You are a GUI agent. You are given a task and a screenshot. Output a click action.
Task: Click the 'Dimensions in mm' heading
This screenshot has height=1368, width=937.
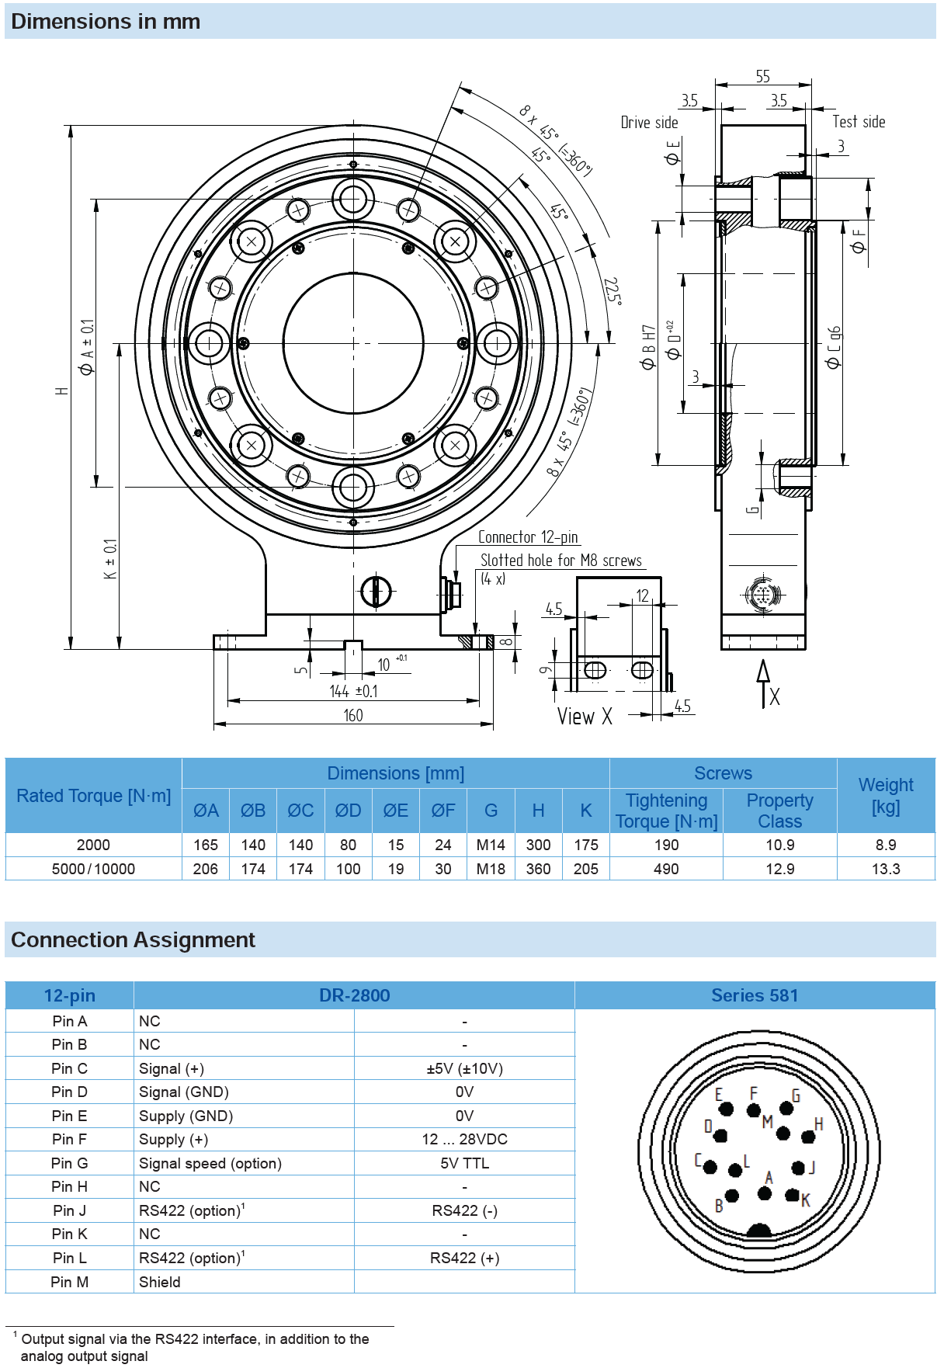(x=106, y=22)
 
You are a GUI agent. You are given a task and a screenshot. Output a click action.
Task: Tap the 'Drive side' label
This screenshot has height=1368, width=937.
(x=649, y=123)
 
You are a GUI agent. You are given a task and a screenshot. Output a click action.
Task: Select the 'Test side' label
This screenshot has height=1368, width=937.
(x=859, y=122)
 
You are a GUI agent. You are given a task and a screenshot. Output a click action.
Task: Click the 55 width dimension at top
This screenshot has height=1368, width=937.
(x=762, y=76)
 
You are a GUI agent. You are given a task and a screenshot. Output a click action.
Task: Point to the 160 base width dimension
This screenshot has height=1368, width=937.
(x=353, y=715)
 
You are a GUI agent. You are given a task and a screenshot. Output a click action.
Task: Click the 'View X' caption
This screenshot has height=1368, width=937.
(x=585, y=717)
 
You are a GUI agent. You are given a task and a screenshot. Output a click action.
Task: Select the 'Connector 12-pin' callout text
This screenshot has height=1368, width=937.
(x=528, y=537)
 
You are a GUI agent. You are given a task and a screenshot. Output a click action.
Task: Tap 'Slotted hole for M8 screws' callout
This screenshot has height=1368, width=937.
(x=560, y=561)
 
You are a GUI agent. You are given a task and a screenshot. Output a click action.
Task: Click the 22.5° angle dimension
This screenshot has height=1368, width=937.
(x=613, y=291)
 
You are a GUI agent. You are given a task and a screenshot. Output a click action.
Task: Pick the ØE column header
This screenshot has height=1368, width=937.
(x=395, y=811)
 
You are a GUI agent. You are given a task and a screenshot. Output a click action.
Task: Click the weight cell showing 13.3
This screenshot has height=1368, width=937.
(x=886, y=869)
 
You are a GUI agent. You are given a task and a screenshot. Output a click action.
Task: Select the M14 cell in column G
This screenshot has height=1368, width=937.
(x=491, y=845)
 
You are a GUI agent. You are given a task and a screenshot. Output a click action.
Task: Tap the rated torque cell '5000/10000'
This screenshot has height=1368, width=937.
(x=93, y=869)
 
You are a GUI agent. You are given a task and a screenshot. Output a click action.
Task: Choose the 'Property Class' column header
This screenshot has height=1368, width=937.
(x=779, y=811)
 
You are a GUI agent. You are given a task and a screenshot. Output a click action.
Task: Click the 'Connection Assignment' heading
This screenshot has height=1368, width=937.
(x=133, y=940)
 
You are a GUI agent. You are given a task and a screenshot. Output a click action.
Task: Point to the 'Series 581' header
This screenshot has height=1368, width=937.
(x=755, y=995)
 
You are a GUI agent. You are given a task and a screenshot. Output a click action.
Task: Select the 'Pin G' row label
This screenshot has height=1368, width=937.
(x=69, y=1163)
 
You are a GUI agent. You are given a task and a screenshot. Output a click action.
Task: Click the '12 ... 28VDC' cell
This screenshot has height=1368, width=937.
(x=464, y=1139)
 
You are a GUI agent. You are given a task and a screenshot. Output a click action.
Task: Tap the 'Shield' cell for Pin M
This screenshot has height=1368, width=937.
(x=160, y=1282)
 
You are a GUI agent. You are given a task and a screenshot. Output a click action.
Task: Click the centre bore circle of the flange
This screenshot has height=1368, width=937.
(x=353, y=343)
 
